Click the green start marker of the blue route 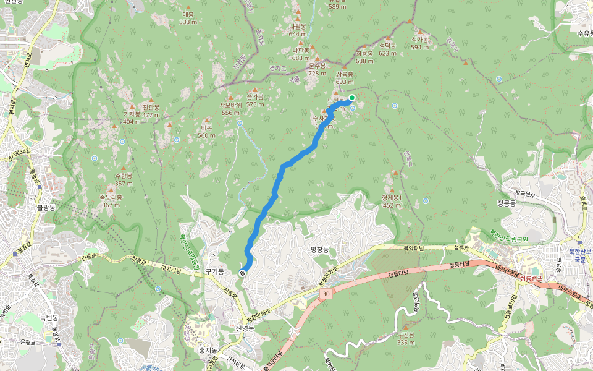point(352,98)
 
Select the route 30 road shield point(326,296)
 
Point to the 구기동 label point(214,271)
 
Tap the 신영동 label point(245,328)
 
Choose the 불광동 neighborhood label point(46,207)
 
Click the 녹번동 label point(48,318)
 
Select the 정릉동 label point(505,203)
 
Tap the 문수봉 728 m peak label point(317,69)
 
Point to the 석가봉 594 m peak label point(420,43)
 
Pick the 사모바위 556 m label point(231,109)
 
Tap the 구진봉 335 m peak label point(406,338)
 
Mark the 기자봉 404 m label point(132,117)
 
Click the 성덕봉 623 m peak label point(387,49)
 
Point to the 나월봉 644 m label point(298,30)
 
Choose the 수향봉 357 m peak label point(124,179)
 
